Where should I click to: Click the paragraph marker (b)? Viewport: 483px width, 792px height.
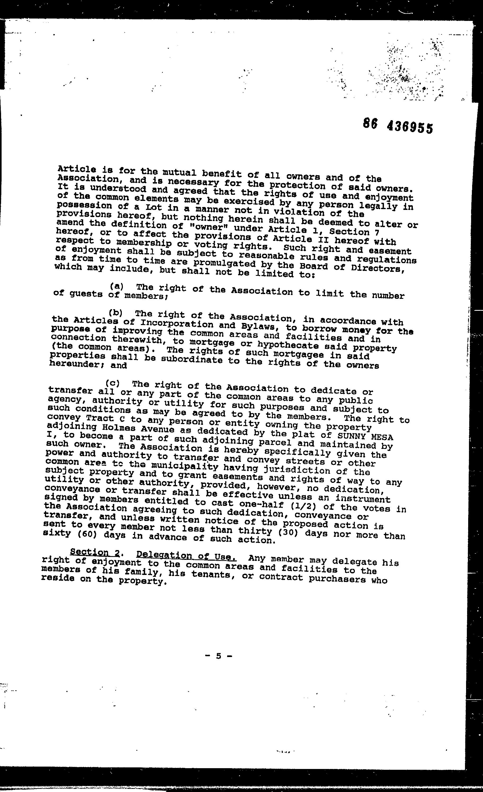(x=115, y=312)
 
